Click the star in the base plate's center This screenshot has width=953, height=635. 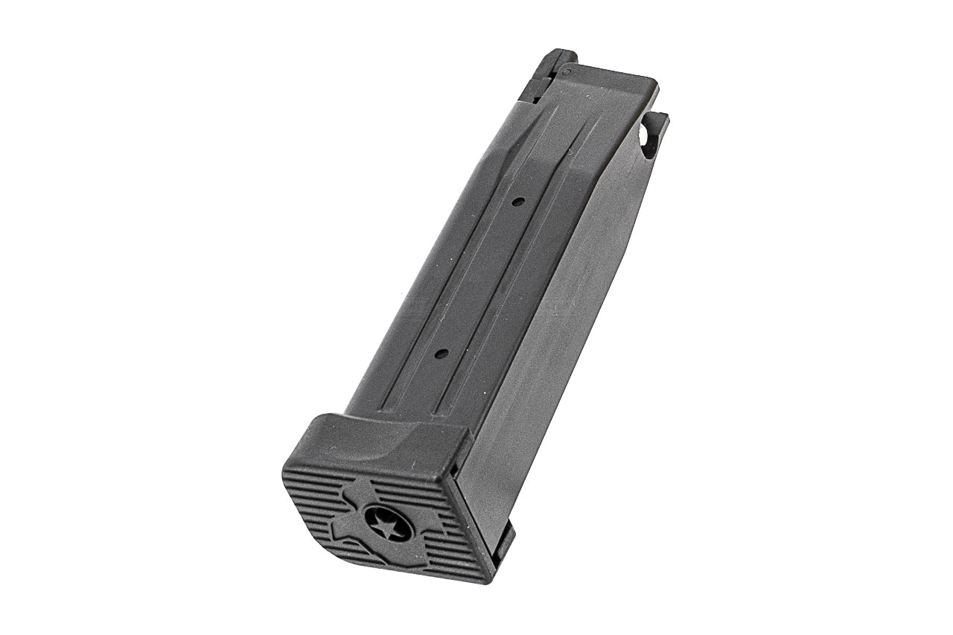pyautogui.click(x=389, y=526)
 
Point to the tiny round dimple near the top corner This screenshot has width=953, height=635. pyautogui.click(x=567, y=72)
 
